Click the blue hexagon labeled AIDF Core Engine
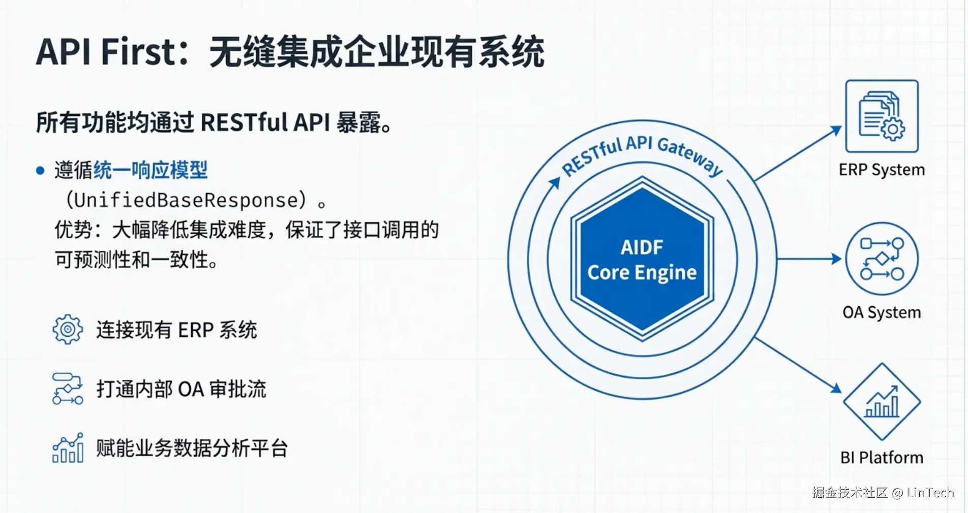click(642, 259)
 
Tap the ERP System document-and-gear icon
click(882, 116)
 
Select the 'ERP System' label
click(882, 170)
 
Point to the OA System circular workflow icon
click(882, 259)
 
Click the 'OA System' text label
click(882, 312)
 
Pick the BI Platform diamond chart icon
click(882, 401)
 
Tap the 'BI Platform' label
click(882, 458)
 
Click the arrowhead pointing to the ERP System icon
click(836, 131)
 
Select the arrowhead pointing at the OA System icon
click(836, 259)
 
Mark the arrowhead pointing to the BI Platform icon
click(836, 388)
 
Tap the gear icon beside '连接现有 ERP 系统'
click(68, 330)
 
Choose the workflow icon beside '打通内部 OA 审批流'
click(68, 389)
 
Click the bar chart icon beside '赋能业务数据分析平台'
click(68, 448)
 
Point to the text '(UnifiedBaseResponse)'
click(186, 200)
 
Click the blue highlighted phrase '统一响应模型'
click(150, 170)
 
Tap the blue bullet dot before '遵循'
click(40, 171)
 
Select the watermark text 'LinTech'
click(930, 492)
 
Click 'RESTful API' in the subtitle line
click(265, 122)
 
